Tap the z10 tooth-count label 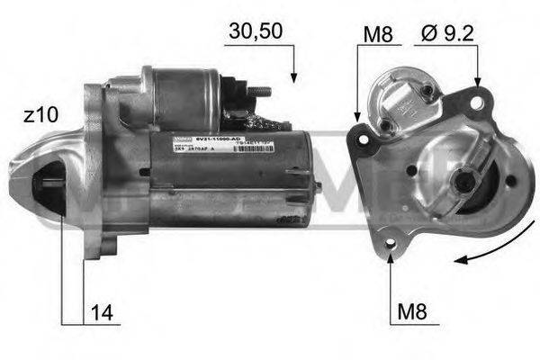point(41,115)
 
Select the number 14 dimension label point(102,314)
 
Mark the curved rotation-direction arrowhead point(460,260)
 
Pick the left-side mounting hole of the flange point(363,140)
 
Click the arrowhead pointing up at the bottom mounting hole point(391,258)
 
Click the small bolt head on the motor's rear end point(319,184)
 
